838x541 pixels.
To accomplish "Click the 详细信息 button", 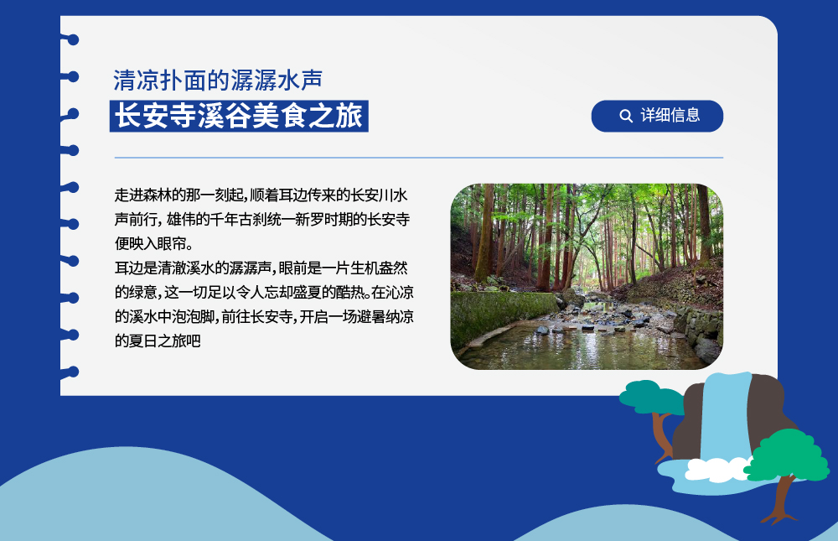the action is pos(657,116).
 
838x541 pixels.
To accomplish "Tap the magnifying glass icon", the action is pos(626,116).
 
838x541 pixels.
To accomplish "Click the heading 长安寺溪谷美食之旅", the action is pos(239,116).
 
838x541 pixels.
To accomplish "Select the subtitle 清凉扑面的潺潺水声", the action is pos(218,81).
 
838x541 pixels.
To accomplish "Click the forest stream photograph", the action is pos(587,276).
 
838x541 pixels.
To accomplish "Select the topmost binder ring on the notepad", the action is pos(71,39).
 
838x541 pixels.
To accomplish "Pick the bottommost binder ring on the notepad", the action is pos(71,372).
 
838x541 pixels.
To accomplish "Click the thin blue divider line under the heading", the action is pos(418,158).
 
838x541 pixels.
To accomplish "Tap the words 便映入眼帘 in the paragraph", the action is pos(150,243).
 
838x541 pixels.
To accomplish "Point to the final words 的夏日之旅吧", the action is pos(158,341).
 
